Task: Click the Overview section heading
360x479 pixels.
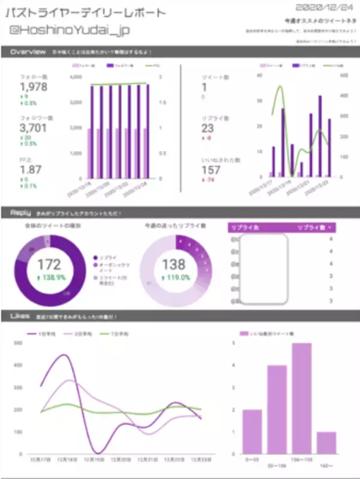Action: pyautogui.click(x=28, y=52)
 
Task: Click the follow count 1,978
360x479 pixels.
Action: pyautogui.click(x=34, y=87)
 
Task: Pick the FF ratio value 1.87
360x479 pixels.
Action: pyautogui.click(x=31, y=170)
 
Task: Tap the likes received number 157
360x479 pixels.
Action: pyautogui.click(x=211, y=170)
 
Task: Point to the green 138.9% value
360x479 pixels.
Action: pyautogui.click(x=49, y=279)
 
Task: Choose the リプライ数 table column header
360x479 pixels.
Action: pyautogui.click(x=314, y=228)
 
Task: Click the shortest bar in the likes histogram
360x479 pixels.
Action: pyautogui.click(x=326, y=442)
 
